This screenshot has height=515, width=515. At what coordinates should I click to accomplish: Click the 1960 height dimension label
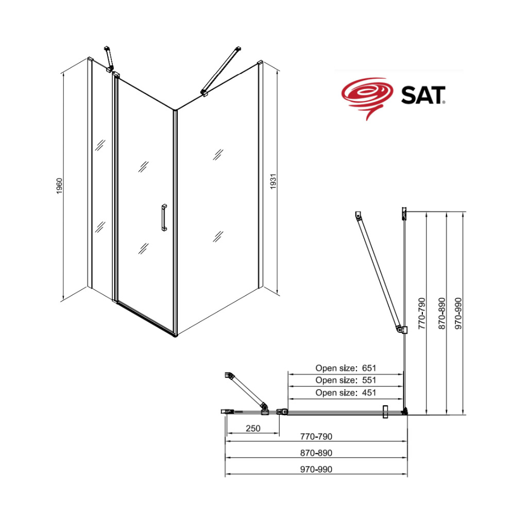[x=59, y=186]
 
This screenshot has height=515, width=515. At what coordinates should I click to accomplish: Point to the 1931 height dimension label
[x=273, y=182]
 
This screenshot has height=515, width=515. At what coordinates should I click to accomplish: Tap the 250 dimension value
[x=253, y=428]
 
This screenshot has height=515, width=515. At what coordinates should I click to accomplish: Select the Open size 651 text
[x=346, y=368]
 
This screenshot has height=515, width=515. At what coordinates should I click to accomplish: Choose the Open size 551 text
[x=346, y=380]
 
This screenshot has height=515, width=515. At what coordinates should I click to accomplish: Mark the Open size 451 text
[x=346, y=392]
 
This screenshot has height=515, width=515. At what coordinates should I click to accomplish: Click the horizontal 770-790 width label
[x=316, y=437]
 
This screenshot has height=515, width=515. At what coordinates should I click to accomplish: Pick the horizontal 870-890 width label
[x=316, y=453]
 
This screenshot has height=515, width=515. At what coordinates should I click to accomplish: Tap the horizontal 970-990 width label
[x=316, y=469]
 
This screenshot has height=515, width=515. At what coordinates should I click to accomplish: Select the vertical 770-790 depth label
[x=422, y=313]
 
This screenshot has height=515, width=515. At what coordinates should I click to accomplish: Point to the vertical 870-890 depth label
[x=442, y=313]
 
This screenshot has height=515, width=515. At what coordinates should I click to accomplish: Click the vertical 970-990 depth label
[x=458, y=313]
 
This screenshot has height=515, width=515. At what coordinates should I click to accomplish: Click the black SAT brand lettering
[x=423, y=95]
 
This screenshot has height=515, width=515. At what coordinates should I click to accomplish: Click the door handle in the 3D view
[x=164, y=217]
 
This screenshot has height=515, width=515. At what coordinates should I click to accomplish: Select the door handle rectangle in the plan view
[x=385, y=412]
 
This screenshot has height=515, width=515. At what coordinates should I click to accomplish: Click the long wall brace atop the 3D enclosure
[x=221, y=71]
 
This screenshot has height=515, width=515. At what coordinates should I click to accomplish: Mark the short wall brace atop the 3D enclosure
[x=109, y=59]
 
